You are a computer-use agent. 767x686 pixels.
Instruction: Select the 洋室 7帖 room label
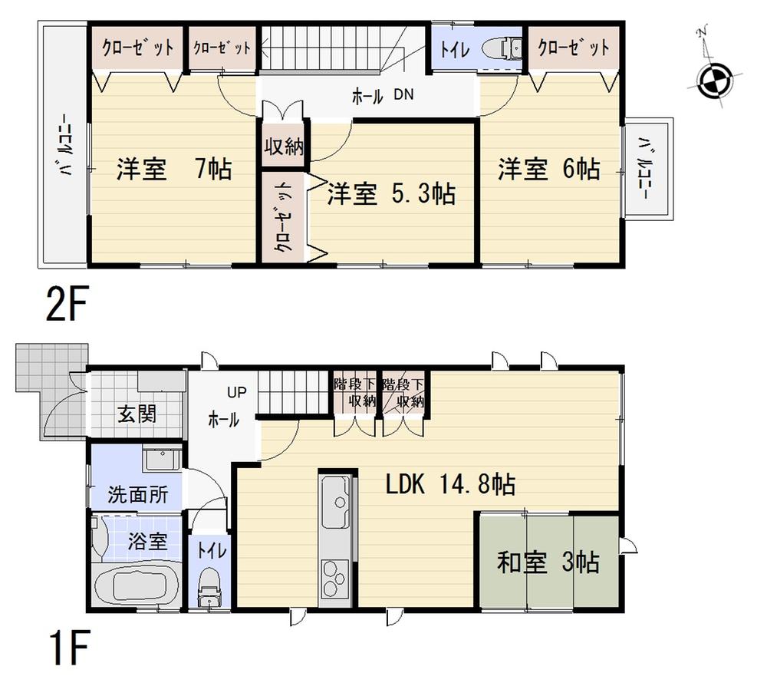point(174,169)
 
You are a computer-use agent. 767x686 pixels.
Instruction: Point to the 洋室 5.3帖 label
point(391,193)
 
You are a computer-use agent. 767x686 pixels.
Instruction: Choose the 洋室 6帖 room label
point(549,169)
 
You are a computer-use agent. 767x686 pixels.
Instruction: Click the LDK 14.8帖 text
point(449,484)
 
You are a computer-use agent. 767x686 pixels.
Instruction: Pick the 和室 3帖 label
point(548,563)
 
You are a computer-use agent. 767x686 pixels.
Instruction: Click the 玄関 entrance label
point(138,414)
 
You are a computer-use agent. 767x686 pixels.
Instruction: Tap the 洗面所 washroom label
point(138,494)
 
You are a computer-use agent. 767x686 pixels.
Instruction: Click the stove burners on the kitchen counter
point(337,576)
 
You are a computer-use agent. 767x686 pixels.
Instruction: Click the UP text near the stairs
point(235,392)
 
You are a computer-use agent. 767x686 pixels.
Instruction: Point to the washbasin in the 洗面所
point(162,461)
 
